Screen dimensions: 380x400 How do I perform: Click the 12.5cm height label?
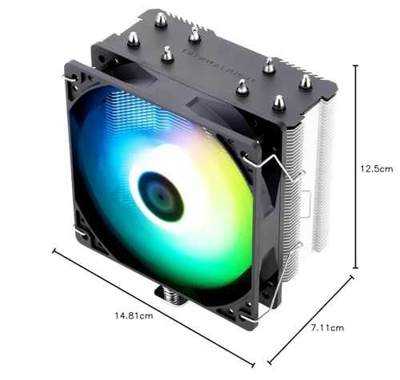click(376, 169)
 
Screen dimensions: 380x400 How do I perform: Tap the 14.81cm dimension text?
click(134, 315)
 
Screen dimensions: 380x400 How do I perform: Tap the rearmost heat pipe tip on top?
click(161, 18)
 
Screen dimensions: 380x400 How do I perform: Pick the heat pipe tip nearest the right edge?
click(305, 81)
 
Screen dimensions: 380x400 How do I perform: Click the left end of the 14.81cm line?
click(54, 251)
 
